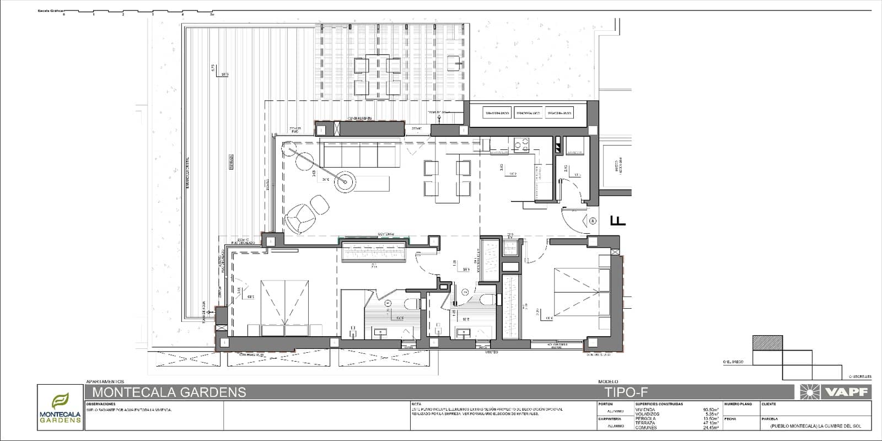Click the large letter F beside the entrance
pyautogui.click(x=619, y=221)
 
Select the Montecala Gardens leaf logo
pyautogui.click(x=60, y=401)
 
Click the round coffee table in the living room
pyautogui.click(x=346, y=181)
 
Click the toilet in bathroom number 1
pyautogui.click(x=410, y=303)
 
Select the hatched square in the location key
pyautogui.click(x=767, y=342)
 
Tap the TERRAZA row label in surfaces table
pyautogui.click(x=645, y=423)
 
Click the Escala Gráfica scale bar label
pyautogui.click(x=49, y=10)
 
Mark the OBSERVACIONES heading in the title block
pyautogui.click(x=100, y=404)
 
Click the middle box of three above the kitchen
pyautogui.click(x=528, y=113)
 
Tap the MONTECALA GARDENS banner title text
pyautogui.click(x=169, y=392)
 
